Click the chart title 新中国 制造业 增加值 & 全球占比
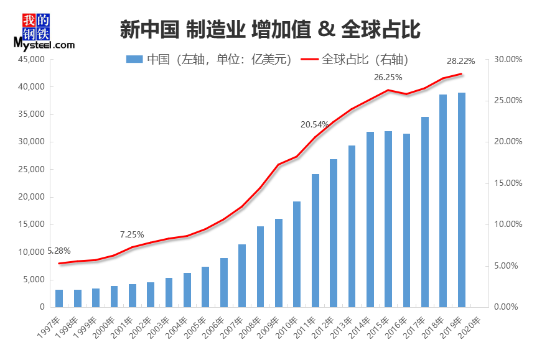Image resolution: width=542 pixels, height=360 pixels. (269, 29)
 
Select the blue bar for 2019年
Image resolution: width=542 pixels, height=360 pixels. (462, 200)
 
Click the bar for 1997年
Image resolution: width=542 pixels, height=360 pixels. (59, 298)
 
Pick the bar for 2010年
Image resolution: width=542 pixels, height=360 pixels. (297, 254)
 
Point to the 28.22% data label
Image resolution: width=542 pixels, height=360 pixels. (461, 61)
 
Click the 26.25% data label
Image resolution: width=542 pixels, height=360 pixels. (388, 78)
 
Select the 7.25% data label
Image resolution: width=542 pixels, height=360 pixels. (132, 234)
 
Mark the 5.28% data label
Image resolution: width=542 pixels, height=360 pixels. (59, 251)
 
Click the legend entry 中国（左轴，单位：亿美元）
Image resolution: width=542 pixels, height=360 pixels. (209, 60)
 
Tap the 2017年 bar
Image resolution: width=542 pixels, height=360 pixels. (425, 212)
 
